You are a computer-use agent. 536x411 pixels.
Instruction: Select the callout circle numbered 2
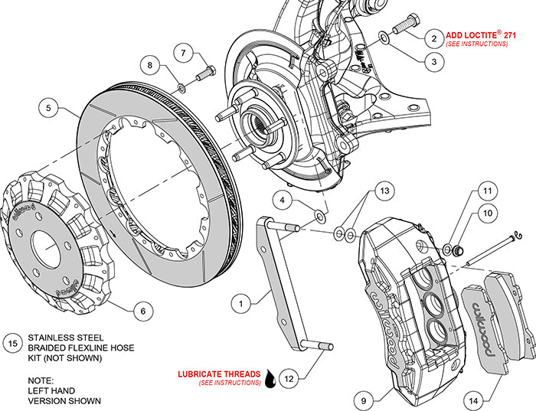(433, 38)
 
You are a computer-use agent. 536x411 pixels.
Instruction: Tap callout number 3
(433, 62)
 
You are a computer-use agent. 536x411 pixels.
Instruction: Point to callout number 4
(283, 201)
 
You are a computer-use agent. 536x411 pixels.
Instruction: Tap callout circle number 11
(485, 191)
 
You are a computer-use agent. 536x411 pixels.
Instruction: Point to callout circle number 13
(384, 189)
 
